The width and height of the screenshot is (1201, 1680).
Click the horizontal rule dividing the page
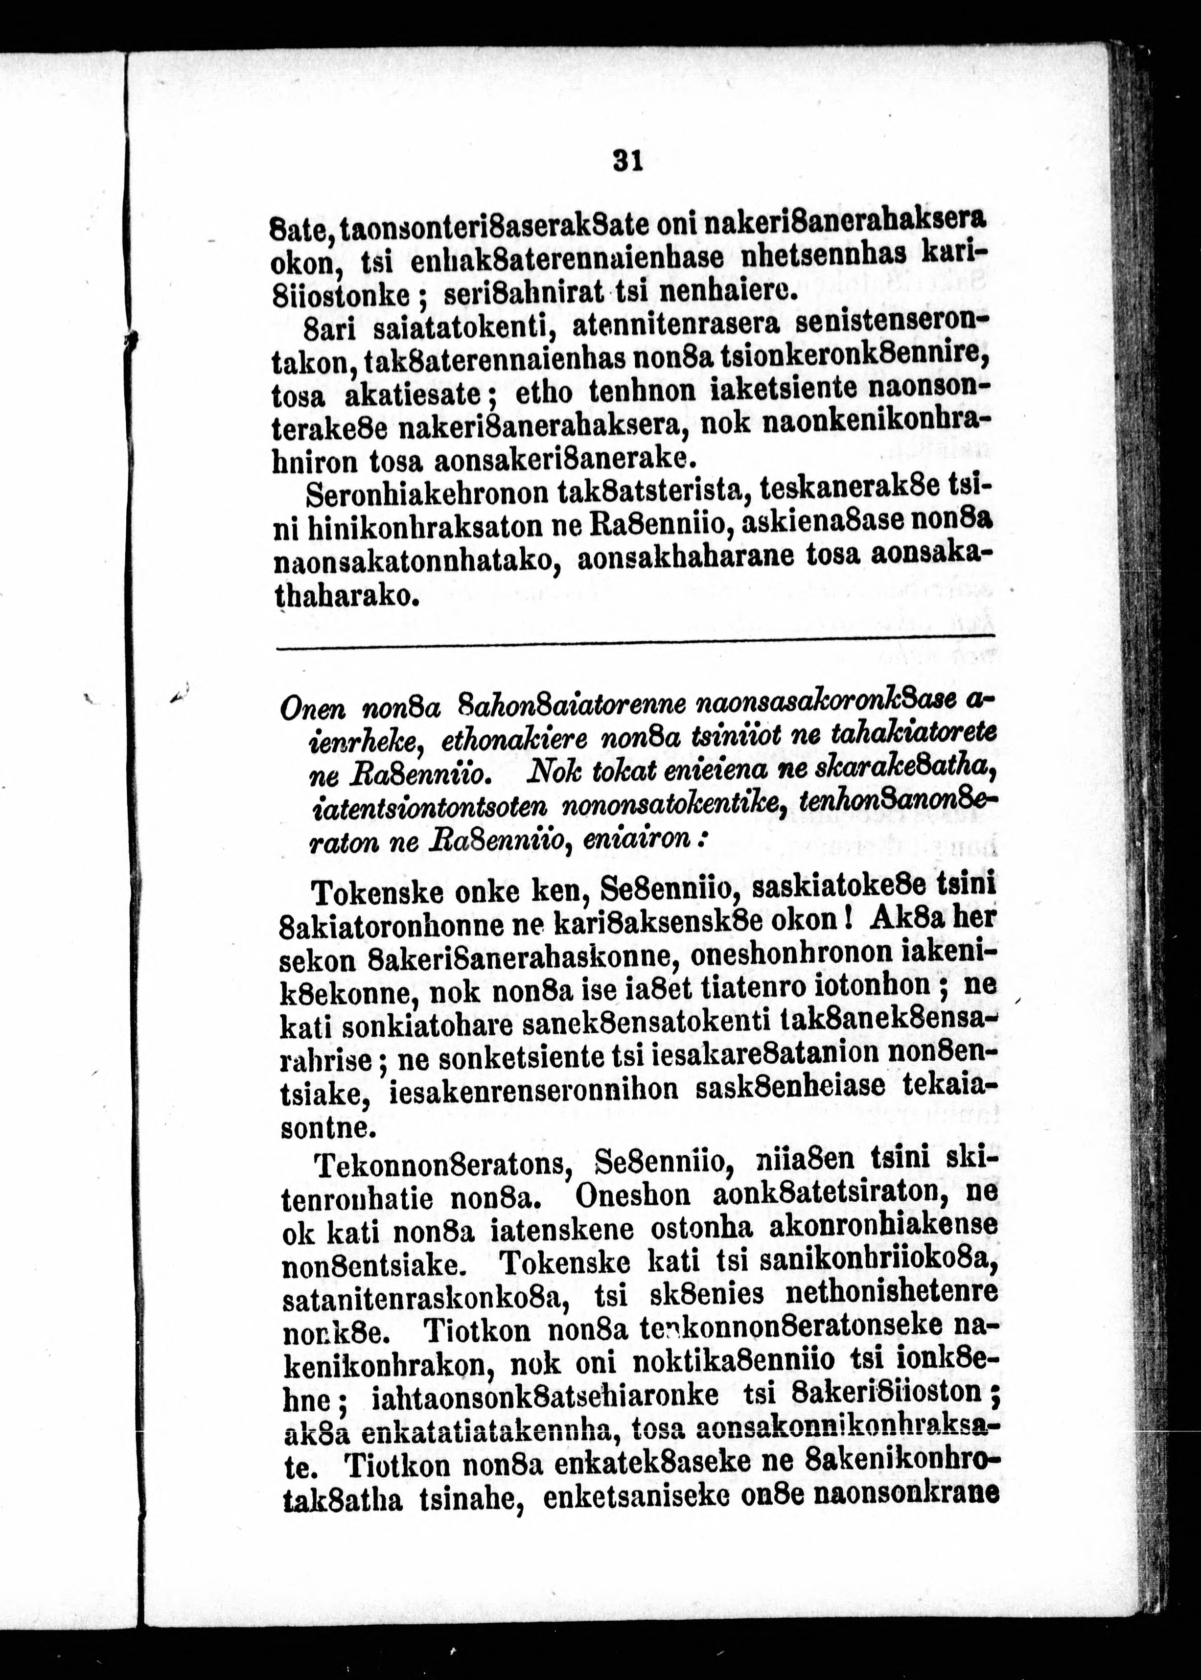636,650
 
